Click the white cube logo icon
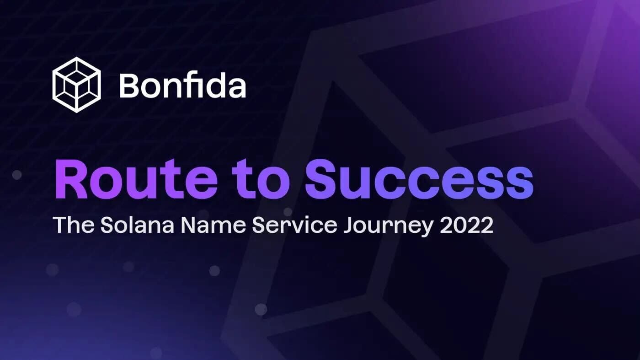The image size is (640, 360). [x=77, y=85]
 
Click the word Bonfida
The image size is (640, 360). [x=182, y=85]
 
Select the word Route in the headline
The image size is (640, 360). [x=136, y=179]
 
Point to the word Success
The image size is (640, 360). [x=419, y=179]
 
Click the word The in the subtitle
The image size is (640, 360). [x=74, y=225]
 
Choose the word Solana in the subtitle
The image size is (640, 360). [x=137, y=225]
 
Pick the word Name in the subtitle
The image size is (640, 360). [x=213, y=225]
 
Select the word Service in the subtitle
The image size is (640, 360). [x=294, y=225]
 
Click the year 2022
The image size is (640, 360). [x=467, y=225]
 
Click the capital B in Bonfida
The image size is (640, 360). [x=130, y=85]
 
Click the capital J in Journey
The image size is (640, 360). [x=350, y=225]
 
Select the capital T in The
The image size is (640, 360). [x=60, y=225]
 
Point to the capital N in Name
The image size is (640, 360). [x=189, y=225]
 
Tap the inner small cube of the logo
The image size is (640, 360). [x=77, y=85]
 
